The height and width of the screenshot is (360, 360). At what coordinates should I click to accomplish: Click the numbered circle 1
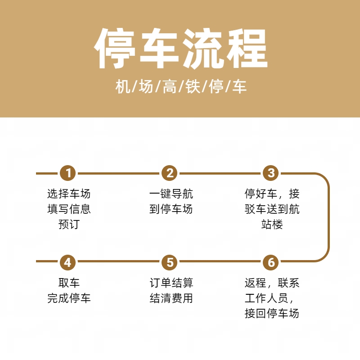68,173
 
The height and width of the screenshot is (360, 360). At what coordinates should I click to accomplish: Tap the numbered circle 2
170,173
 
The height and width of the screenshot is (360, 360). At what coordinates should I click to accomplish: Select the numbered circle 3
271,173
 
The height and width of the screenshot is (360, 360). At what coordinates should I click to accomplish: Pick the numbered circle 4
68,262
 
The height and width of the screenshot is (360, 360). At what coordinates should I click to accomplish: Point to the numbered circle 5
170,262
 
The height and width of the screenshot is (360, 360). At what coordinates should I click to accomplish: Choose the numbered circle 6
271,262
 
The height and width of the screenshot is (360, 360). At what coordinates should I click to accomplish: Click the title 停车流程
181,49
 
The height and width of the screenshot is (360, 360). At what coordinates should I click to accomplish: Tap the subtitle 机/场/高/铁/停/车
181,86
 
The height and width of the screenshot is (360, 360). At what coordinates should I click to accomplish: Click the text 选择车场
69,193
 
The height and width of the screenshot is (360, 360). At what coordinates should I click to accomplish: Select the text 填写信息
69,209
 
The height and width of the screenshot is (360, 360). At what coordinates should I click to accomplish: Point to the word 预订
69,224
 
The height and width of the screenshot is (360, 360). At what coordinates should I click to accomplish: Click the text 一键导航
171,193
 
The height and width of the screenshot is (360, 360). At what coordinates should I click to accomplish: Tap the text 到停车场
171,209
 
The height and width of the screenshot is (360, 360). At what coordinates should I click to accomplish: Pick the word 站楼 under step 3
272,224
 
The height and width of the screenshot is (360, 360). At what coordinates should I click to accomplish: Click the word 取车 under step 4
69,283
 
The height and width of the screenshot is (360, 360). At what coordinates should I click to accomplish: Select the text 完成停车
69,298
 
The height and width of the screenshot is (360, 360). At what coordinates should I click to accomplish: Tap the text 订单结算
171,283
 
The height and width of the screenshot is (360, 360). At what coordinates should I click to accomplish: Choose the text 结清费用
171,298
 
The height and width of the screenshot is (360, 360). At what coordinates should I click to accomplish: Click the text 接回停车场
272,313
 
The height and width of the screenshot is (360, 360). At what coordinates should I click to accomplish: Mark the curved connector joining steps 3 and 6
328,217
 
